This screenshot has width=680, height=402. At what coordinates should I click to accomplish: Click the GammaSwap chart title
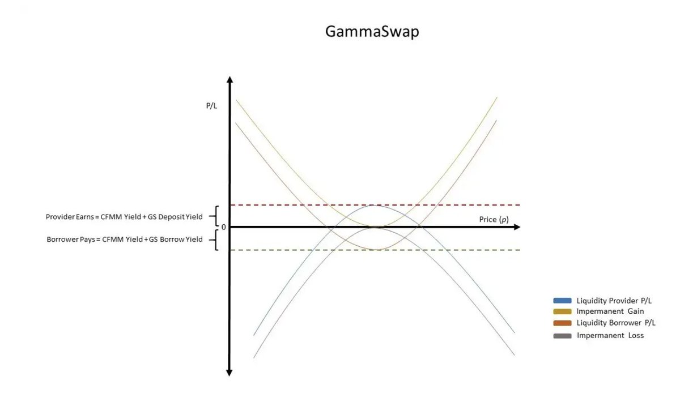[372, 32]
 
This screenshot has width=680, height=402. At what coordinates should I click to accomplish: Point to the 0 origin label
[223, 227]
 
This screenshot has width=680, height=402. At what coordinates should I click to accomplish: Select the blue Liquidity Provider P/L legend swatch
[562, 301]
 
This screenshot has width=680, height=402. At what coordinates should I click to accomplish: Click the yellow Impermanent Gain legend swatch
[562, 311]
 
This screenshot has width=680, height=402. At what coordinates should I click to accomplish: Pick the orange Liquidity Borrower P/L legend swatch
[562, 323]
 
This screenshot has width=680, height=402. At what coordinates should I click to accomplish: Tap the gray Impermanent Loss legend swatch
[562, 336]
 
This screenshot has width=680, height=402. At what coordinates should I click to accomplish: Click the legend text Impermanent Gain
[610, 311]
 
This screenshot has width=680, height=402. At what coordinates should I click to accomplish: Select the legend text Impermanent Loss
[610, 336]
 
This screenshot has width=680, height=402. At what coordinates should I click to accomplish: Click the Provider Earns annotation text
[124, 217]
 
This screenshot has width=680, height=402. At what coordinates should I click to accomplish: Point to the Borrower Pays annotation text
[124, 240]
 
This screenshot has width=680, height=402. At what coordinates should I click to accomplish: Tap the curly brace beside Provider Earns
[214, 216]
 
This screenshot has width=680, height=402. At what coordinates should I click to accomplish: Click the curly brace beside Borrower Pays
[214, 240]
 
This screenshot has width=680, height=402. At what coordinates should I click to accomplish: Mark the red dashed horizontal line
[453, 205]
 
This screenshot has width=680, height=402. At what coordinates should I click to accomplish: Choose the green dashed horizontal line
[453, 250]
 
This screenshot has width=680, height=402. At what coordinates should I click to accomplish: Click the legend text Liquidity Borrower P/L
[615, 323]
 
